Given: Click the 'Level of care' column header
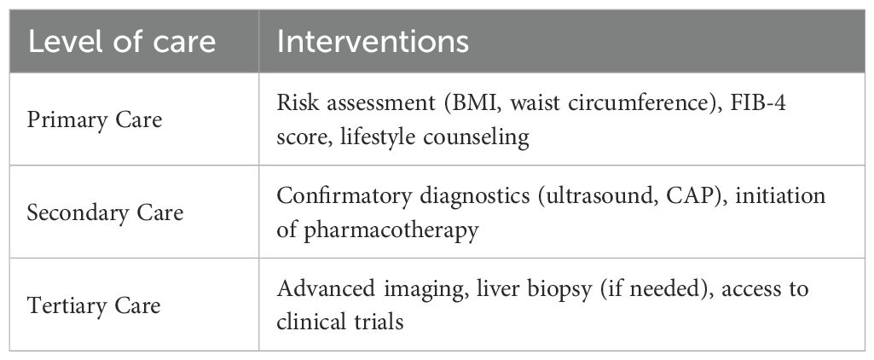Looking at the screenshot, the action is tap(122, 42).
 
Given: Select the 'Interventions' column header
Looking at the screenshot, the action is tap(373, 42).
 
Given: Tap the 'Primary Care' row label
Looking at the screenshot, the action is tap(95, 119).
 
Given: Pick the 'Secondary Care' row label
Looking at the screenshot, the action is tap(106, 212).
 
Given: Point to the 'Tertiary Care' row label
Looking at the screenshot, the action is tap(94, 305).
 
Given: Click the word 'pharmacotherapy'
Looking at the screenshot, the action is tap(391, 230).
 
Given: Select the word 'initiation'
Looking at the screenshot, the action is tap(780, 196).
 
